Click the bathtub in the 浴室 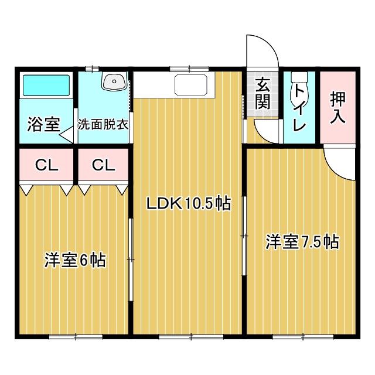[46, 87]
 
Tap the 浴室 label [43, 124]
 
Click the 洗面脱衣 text [103, 125]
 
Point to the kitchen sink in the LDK [190, 85]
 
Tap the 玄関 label [262, 93]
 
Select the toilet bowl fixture [298, 79]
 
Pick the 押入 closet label [337, 107]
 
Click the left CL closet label [46, 166]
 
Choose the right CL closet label [103, 166]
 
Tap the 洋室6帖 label [74, 260]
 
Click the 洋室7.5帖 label [302, 241]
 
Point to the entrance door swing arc [262, 52]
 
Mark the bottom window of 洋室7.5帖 [301, 336]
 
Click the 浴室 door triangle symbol [66, 135]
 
